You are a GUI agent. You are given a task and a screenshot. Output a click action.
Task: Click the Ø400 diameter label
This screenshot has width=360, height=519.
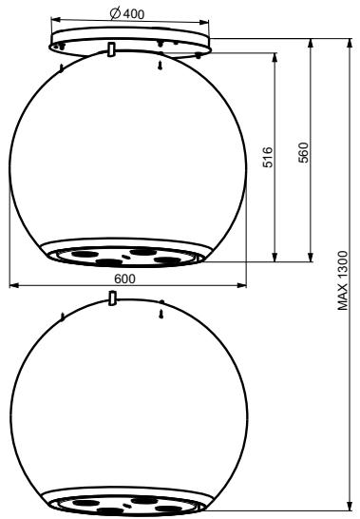[127, 13]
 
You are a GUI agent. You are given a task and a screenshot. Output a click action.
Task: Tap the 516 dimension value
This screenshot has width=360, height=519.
[268, 157]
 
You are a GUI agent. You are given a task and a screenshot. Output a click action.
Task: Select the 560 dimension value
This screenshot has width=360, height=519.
[303, 153]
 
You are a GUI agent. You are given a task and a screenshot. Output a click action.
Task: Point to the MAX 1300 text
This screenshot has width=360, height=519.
[343, 280]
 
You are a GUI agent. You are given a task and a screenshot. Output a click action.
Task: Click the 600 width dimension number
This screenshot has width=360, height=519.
[124, 279]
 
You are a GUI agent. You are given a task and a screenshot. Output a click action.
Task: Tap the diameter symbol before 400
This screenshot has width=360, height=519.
[115, 13]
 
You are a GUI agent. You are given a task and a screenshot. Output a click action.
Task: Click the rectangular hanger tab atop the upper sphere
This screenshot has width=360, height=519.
[112, 49]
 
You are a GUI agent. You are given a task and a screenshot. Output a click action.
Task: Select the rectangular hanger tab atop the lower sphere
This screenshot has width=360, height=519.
[112, 298]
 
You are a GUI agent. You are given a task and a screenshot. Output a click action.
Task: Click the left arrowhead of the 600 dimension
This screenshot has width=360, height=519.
[13, 285]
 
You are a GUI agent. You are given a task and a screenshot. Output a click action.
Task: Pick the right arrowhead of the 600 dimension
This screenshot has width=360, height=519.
[242, 285]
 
